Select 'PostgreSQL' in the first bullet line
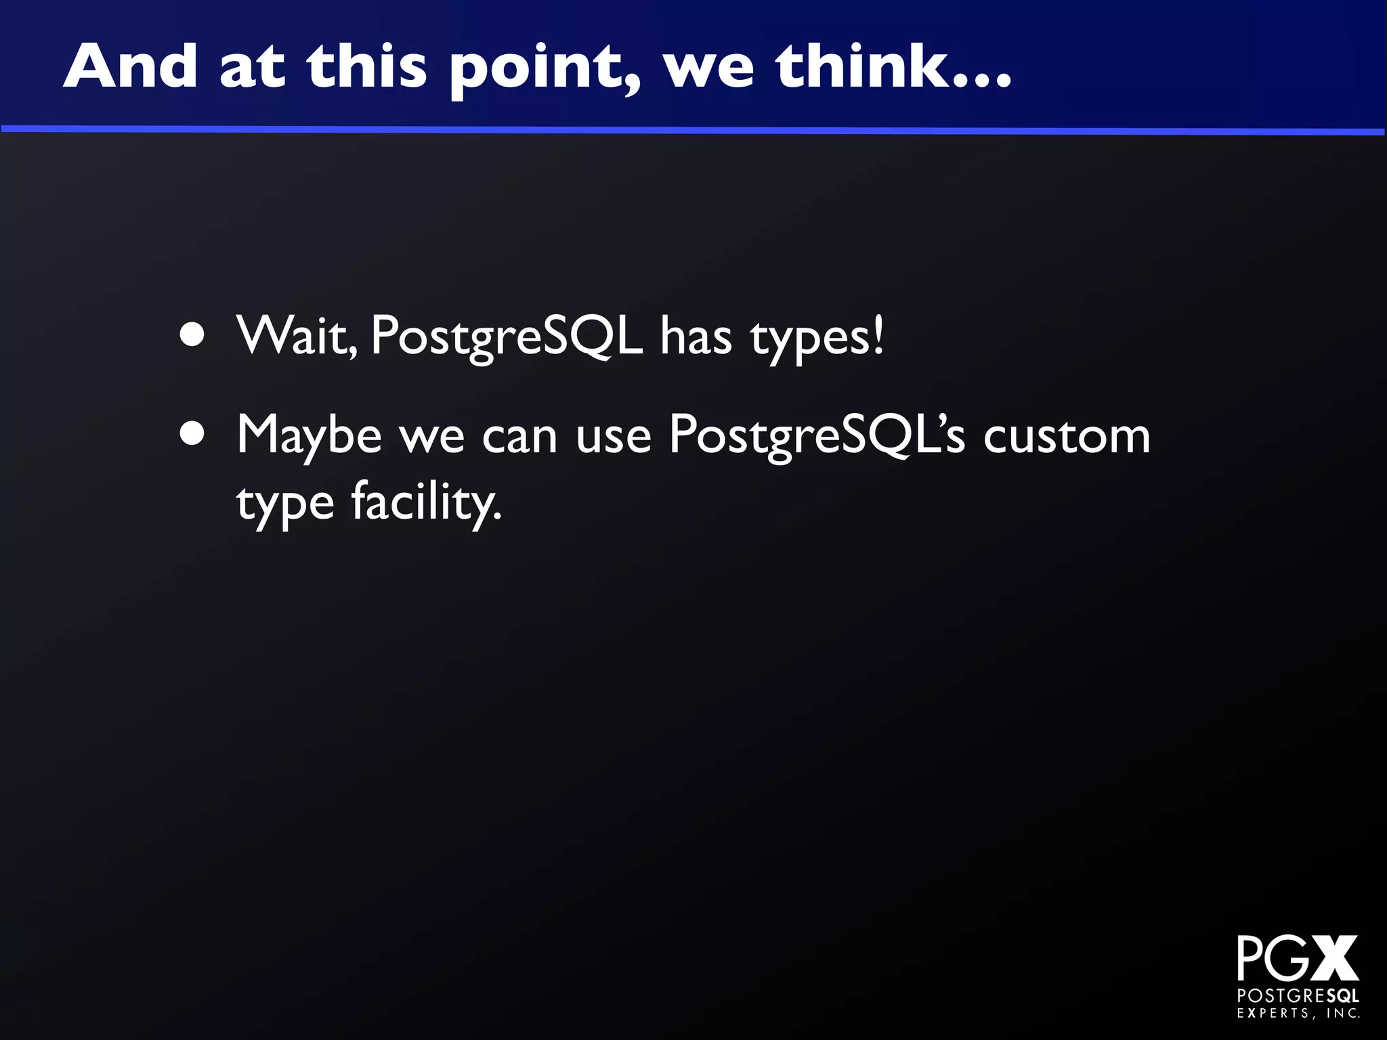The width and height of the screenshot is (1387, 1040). (x=507, y=337)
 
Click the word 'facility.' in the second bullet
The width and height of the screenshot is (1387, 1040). (x=427, y=503)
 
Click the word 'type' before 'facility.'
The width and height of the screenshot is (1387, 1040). (x=285, y=506)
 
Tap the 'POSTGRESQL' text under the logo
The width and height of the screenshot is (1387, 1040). (x=1298, y=996)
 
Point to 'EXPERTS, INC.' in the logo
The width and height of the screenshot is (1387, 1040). (x=1298, y=1014)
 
